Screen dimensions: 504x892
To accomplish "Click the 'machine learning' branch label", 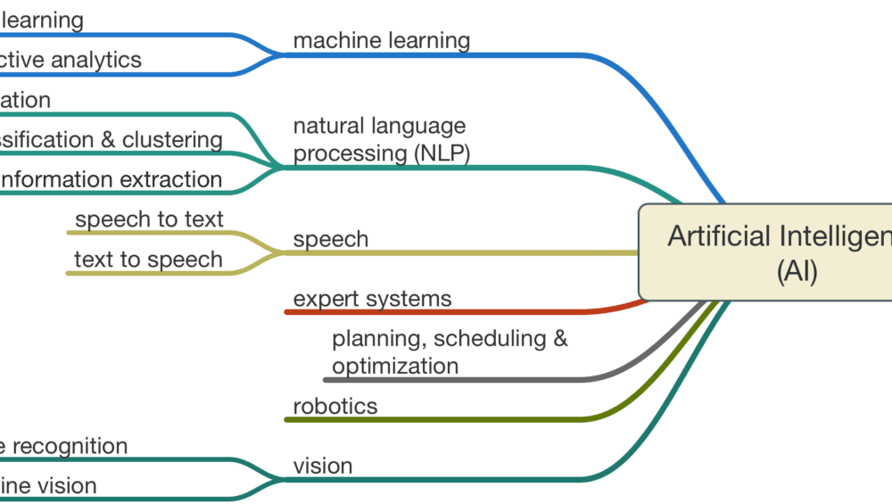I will point(381,40).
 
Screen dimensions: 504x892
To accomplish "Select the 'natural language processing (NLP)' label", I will point(381,140).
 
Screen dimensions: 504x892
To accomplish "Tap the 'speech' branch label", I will point(330,239).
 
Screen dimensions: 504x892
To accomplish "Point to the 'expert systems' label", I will point(372,299).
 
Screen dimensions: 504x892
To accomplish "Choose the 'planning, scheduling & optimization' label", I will point(449,352).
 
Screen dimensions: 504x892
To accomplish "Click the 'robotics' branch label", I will point(334,407).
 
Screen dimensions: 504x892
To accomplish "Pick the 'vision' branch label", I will point(323,466).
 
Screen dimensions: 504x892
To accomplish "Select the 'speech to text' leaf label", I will point(149,219).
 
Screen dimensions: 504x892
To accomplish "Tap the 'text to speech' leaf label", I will point(148,260).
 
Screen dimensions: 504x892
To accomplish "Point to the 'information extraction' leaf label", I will point(110,179).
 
